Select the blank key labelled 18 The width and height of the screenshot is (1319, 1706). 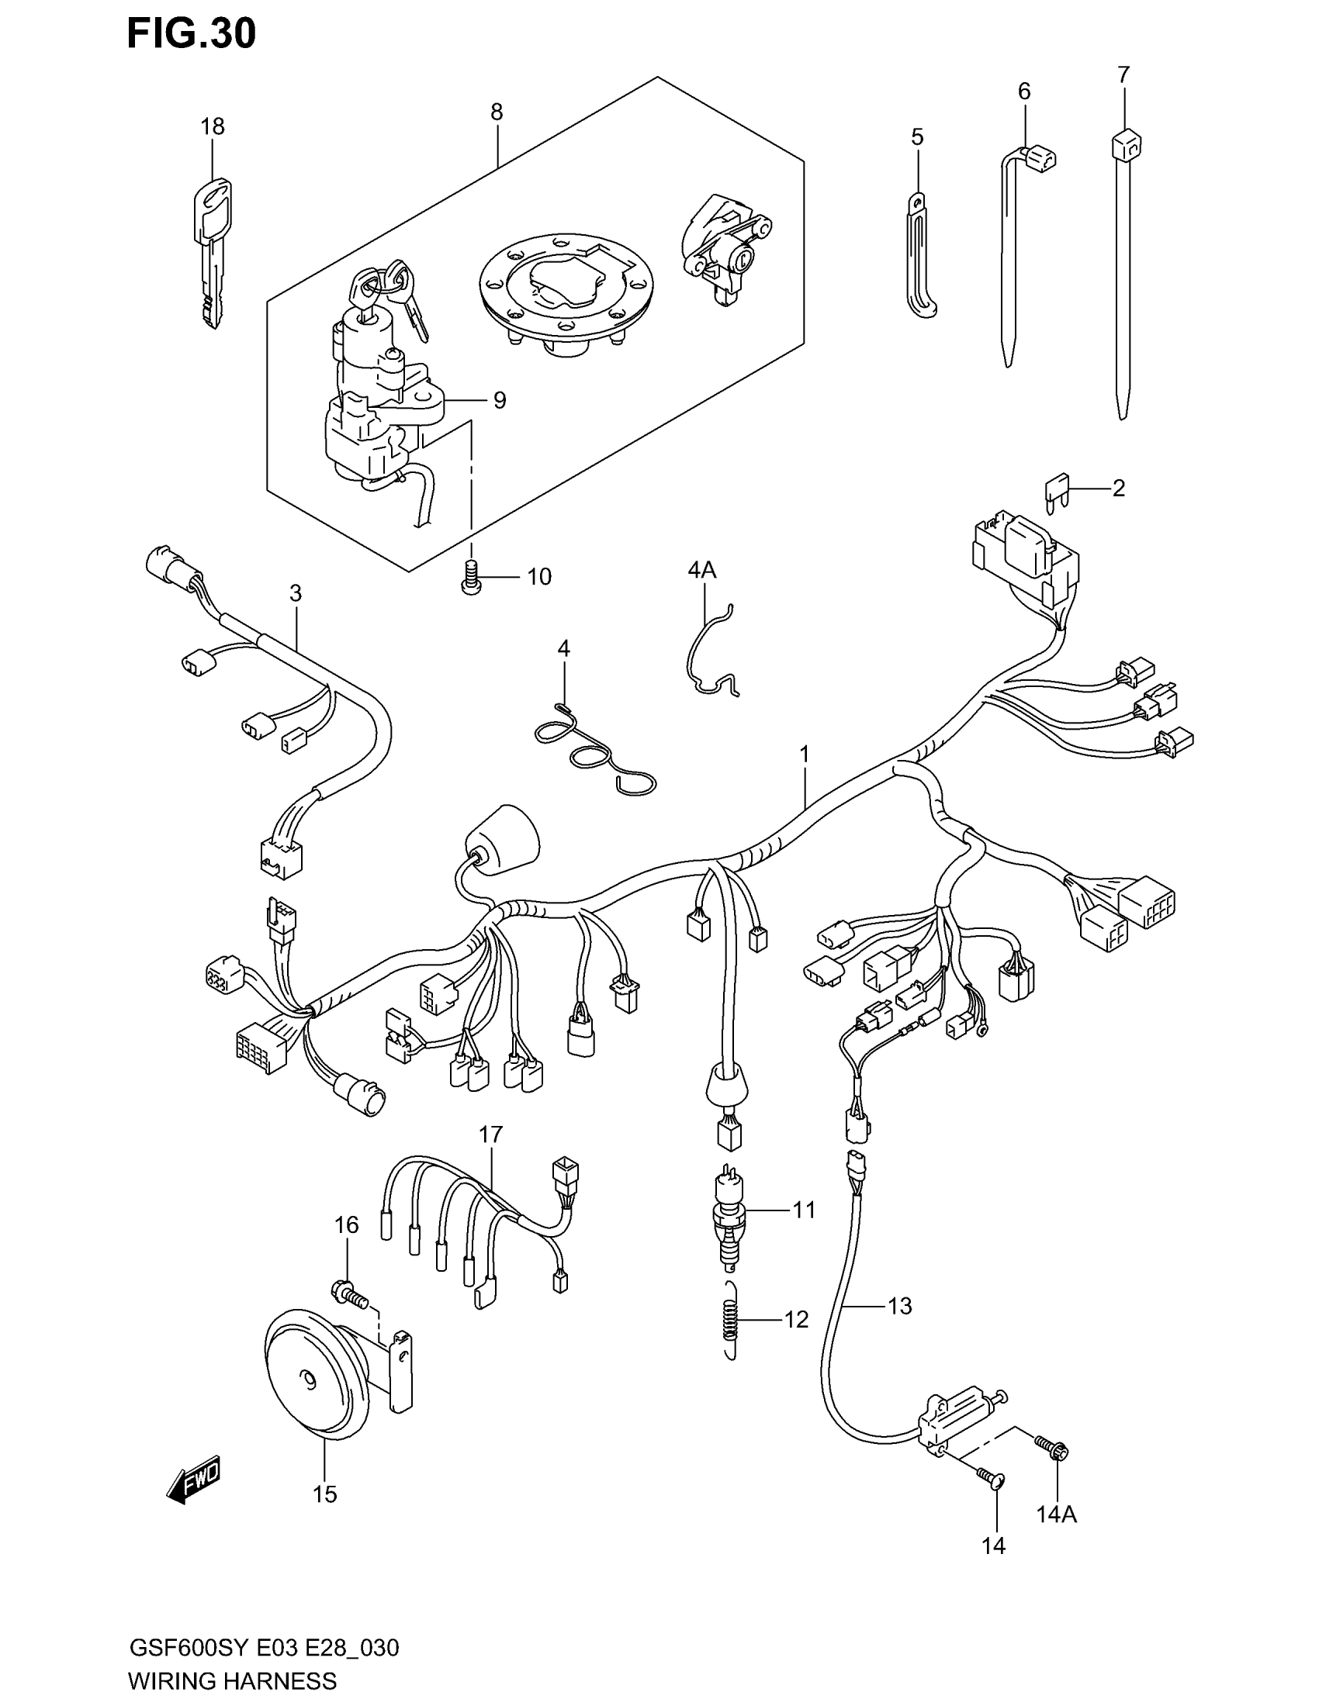pyautogui.click(x=212, y=250)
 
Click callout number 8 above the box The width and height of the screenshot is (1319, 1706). pyautogui.click(x=497, y=112)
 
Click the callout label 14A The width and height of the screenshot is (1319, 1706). pyautogui.click(x=1057, y=1514)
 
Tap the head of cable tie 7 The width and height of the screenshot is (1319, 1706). pyautogui.click(x=1125, y=145)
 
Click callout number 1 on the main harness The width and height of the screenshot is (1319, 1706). pyautogui.click(x=803, y=755)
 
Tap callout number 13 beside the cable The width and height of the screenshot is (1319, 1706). pyautogui.click(x=899, y=1305)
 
